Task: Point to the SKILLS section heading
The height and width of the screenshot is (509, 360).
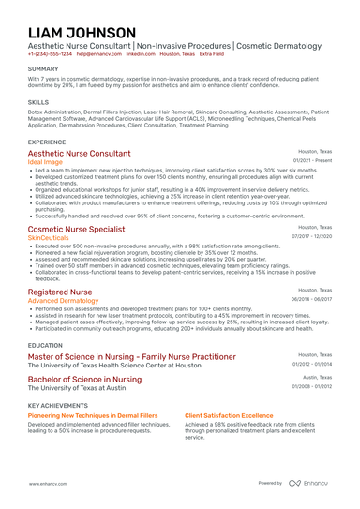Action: tap(38, 101)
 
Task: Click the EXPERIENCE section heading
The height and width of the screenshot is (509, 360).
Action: tap(47, 141)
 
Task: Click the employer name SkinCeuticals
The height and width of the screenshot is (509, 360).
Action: tap(49, 237)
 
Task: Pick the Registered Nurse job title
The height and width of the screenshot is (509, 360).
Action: tap(60, 292)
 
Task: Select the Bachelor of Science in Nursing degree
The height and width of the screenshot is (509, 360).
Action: tap(84, 379)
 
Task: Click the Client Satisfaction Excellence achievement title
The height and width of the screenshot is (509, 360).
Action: tap(229, 414)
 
